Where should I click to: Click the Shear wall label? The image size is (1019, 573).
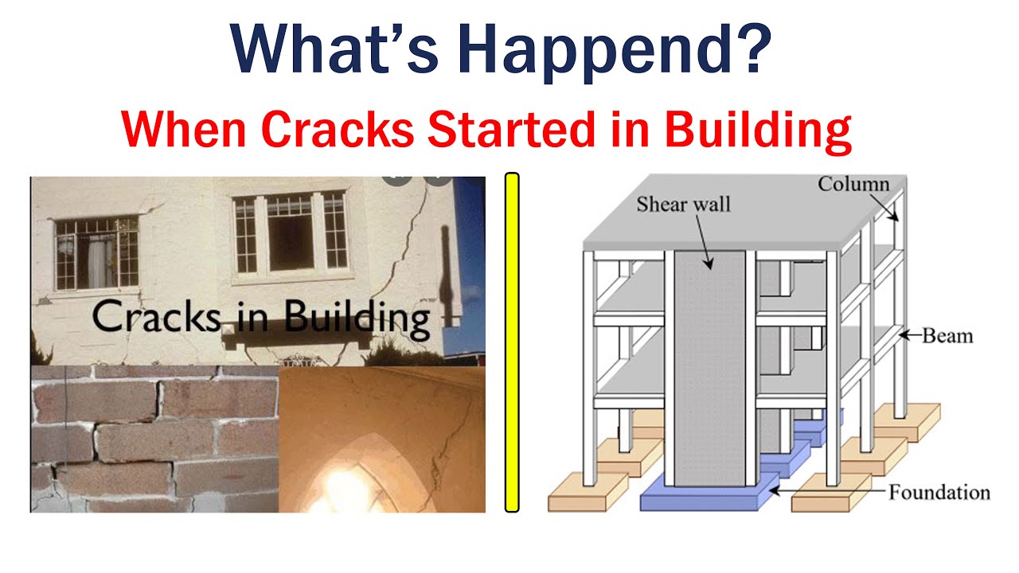683,204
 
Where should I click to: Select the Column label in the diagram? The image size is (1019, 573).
853,185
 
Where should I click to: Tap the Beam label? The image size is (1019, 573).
947,336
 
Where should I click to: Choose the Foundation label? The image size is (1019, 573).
939,493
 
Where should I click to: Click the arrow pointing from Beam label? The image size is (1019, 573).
911,336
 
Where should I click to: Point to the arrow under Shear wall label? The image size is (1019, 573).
701,240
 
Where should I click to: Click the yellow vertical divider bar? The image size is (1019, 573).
512,342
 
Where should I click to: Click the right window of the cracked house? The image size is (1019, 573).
290,234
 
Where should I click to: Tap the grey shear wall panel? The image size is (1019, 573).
709,374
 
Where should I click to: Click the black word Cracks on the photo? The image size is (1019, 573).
156,316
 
